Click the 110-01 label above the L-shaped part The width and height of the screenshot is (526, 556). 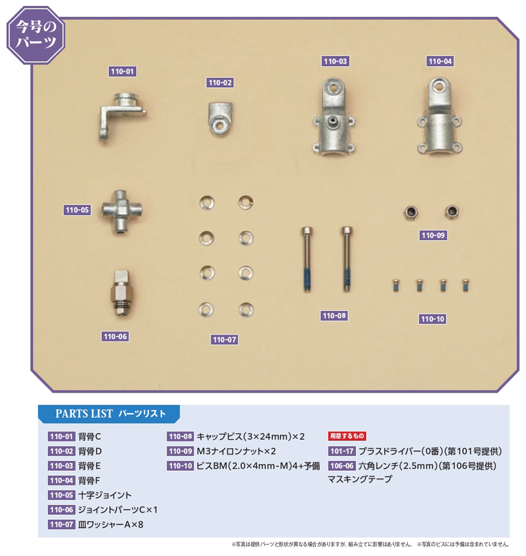click(122, 71)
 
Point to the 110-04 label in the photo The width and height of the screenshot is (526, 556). click(440, 61)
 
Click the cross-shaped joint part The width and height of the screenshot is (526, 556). click(121, 212)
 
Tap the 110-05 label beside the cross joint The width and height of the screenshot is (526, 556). click(77, 210)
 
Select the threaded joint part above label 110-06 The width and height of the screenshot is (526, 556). click(121, 293)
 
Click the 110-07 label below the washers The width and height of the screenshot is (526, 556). click(224, 340)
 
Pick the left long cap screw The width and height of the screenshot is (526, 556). click(307, 259)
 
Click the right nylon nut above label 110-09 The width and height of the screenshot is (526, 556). click(451, 212)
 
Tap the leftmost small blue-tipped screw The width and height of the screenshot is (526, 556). click(396, 285)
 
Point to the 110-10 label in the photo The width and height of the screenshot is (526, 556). click(433, 319)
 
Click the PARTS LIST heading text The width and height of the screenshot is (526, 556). click(84, 414)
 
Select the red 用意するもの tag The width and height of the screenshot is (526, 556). click(347, 436)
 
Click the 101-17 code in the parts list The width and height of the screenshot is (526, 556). click(342, 451)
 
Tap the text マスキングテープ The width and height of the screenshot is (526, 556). click(360, 479)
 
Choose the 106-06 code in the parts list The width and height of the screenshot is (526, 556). click(342, 465)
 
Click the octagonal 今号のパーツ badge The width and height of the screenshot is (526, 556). click(36, 35)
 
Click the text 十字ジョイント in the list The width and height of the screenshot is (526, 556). click(105, 495)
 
